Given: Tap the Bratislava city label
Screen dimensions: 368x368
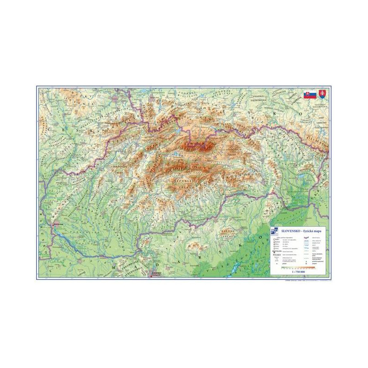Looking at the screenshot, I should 59,225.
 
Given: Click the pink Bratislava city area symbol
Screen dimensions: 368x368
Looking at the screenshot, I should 54,228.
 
